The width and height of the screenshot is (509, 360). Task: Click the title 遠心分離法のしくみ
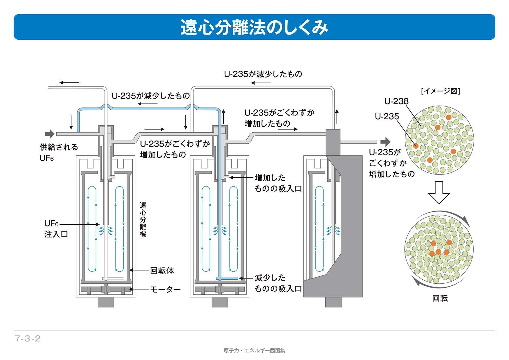click(254, 27)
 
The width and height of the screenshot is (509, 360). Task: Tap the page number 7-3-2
click(28, 339)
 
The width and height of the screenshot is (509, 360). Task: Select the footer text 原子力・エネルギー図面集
click(254, 351)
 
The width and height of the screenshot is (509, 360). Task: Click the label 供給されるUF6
click(59, 152)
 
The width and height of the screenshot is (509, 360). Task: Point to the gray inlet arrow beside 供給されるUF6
click(50, 134)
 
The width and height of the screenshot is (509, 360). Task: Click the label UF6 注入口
click(56, 229)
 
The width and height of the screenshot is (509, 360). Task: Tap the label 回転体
click(162, 271)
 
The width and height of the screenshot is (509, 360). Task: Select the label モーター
click(165, 289)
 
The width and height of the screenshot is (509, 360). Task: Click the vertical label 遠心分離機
click(143, 220)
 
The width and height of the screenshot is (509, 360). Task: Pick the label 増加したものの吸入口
click(278, 183)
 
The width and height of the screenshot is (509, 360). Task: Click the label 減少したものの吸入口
click(278, 283)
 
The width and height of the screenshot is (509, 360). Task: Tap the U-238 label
click(396, 101)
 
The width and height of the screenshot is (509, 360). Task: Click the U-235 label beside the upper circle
click(387, 116)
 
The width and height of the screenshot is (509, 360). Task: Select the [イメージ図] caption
click(440, 91)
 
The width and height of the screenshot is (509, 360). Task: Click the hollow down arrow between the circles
click(439, 192)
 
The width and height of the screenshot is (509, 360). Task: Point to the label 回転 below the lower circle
click(440, 298)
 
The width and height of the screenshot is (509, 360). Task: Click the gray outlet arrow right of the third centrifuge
click(385, 142)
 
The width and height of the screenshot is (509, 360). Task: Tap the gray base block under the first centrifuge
click(106, 302)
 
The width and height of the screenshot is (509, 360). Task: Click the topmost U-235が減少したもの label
click(263, 74)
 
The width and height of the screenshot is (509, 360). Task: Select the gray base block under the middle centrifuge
click(220, 302)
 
